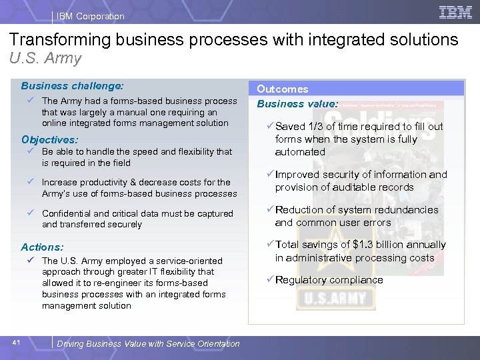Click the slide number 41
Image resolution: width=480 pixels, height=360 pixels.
click(17, 343)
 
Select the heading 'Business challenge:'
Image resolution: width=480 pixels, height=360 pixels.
click(72, 85)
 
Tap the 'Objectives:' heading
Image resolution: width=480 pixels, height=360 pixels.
click(49, 140)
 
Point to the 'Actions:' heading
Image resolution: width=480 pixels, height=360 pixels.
click(43, 247)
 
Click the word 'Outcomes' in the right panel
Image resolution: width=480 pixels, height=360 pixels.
click(283, 89)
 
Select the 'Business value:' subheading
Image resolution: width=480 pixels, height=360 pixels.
click(297, 103)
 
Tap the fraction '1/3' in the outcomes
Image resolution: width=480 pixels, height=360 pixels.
click(319, 127)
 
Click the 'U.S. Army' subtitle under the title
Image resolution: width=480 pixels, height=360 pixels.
click(45, 58)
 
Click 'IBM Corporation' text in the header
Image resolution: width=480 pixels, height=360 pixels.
click(91, 16)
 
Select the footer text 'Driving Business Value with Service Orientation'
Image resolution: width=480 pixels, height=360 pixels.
click(148, 343)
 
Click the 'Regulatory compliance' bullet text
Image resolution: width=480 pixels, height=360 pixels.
click(329, 280)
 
